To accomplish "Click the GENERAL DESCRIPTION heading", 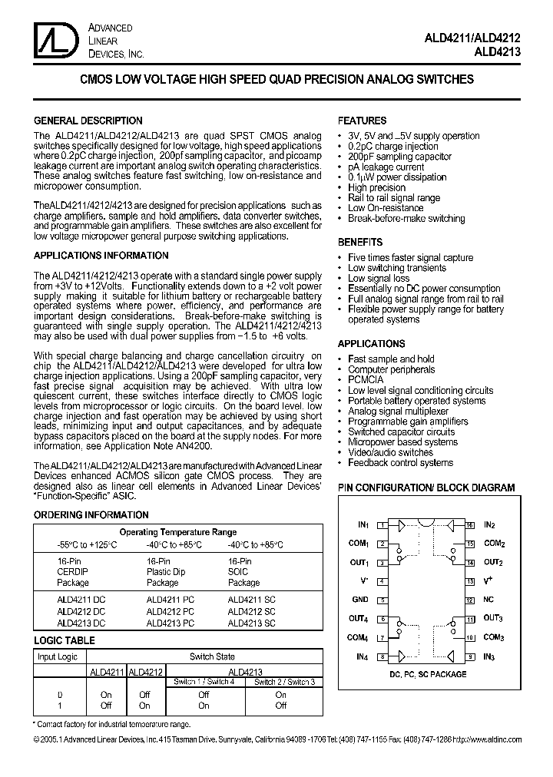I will (x=88, y=121).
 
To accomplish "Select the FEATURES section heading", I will (x=362, y=121).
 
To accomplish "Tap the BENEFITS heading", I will (x=360, y=242).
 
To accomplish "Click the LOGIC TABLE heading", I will (x=65, y=640).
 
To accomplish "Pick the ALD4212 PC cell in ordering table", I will (x=171, y=612).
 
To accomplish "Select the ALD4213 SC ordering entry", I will (x=251, y=623).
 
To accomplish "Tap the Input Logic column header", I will (x=58, y=656).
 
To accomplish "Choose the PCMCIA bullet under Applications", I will (x=366, y=380).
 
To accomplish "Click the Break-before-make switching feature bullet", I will (x=406, y=219).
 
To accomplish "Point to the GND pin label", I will (x=360, y=600).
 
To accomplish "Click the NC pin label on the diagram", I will (x=488, y=600).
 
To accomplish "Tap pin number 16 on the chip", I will (x=469, y=525).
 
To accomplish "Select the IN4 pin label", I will (x=362, y=656).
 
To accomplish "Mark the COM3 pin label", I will (x=493, y=637).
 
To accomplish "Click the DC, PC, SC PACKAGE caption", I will (x=428, y=674).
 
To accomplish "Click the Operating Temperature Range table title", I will (x=177, y=532).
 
